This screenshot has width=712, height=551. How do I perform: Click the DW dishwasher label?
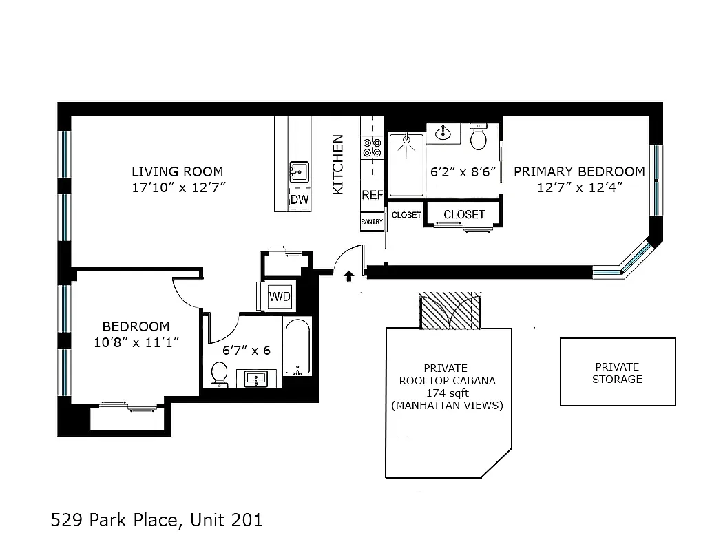(299, 200)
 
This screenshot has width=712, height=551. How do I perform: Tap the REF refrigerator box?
(372, 195)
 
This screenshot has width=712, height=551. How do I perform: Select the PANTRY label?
(372, 221)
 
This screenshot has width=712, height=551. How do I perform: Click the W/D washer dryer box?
(280, 297)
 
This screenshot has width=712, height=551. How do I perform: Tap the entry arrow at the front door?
(348, 276)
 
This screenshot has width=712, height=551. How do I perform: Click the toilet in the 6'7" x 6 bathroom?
(219, 373)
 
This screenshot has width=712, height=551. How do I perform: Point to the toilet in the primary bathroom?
(478, 138)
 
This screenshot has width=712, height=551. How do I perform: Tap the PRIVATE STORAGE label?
(617, 373)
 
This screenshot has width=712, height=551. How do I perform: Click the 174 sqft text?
(446, 393)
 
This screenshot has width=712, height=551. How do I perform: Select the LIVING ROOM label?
(178, 171)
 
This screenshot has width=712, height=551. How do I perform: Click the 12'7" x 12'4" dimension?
(580, 187)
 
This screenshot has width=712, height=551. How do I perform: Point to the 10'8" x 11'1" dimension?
(136, 342)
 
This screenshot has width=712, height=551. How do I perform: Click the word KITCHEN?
(338, 164)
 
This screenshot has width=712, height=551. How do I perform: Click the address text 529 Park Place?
(116, 519)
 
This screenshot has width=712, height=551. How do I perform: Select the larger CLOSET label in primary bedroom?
(464, 214)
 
